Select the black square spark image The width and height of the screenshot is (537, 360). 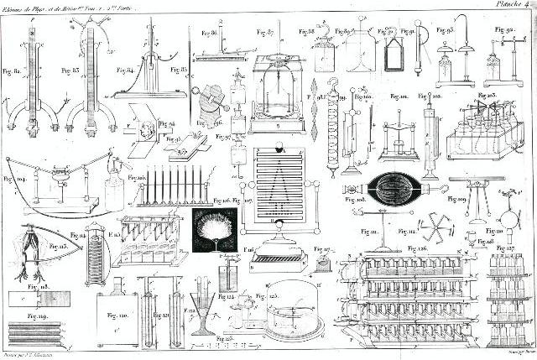point(213,231)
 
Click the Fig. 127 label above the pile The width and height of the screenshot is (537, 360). point(506,249)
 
